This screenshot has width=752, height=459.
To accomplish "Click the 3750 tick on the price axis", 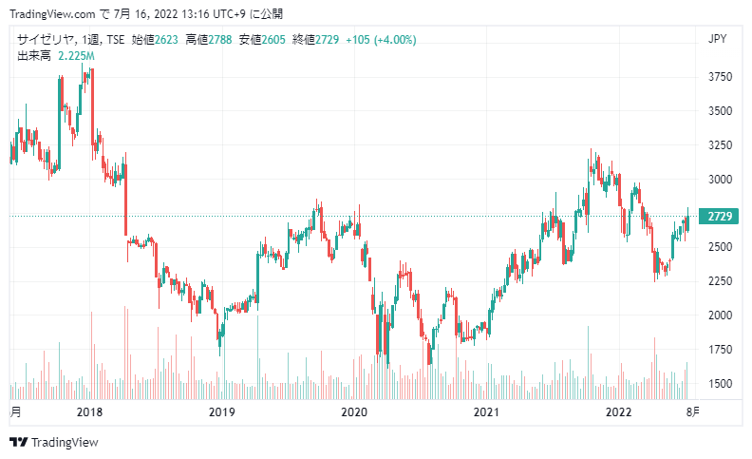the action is coord(720,77).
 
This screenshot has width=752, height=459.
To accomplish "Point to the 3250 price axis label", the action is coord(720,145).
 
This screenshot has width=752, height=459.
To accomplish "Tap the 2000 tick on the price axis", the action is coord(720,316).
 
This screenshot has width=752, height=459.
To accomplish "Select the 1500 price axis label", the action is coord(720,384).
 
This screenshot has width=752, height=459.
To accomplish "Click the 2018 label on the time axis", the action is coord(89,411).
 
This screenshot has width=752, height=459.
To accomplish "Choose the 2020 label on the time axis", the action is coord(354,411).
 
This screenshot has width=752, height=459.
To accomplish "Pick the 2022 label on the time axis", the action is coord(619,411).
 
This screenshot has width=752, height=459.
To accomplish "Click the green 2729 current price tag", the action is coord(719,216).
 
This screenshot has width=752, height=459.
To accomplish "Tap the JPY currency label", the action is coord(718,39).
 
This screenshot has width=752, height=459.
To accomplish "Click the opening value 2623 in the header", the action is coord(166,40).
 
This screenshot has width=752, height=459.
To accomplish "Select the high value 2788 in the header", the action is coord(220,40).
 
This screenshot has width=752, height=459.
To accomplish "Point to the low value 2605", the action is coord(273,40).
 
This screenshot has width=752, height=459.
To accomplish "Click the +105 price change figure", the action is coord(358,40).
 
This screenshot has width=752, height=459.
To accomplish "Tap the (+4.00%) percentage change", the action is coord(395,40).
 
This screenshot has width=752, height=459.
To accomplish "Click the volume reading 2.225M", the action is coord(76,56).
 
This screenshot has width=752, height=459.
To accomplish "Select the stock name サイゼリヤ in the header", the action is coord(46,40).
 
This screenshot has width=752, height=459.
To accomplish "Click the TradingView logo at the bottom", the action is coord(54,442).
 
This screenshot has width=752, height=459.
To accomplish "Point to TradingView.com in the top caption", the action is coord(52,14).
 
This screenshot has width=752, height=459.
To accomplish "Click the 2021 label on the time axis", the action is coord(486,411).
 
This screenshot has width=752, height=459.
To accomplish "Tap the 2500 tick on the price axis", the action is coord(720,247).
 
